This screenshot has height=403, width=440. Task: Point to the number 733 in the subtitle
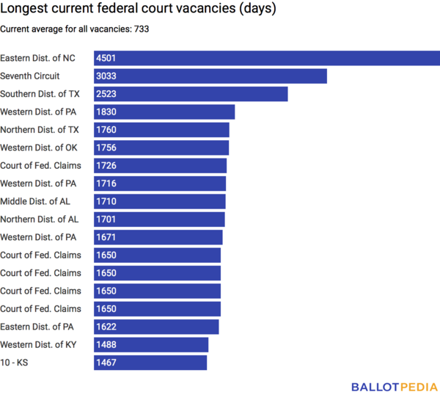coord(142,29)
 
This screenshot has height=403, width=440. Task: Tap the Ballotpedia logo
coord(394,387)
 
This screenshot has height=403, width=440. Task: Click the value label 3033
coord(106,76)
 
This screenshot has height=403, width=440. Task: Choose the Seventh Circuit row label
coord(30,76)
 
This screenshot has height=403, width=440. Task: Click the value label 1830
coord(106,112)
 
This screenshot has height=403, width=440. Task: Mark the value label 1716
coord(106,184)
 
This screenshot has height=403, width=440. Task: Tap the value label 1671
coord(106,237)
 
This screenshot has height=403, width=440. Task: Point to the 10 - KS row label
coord(15,363)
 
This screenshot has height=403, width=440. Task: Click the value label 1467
coord(106,363)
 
